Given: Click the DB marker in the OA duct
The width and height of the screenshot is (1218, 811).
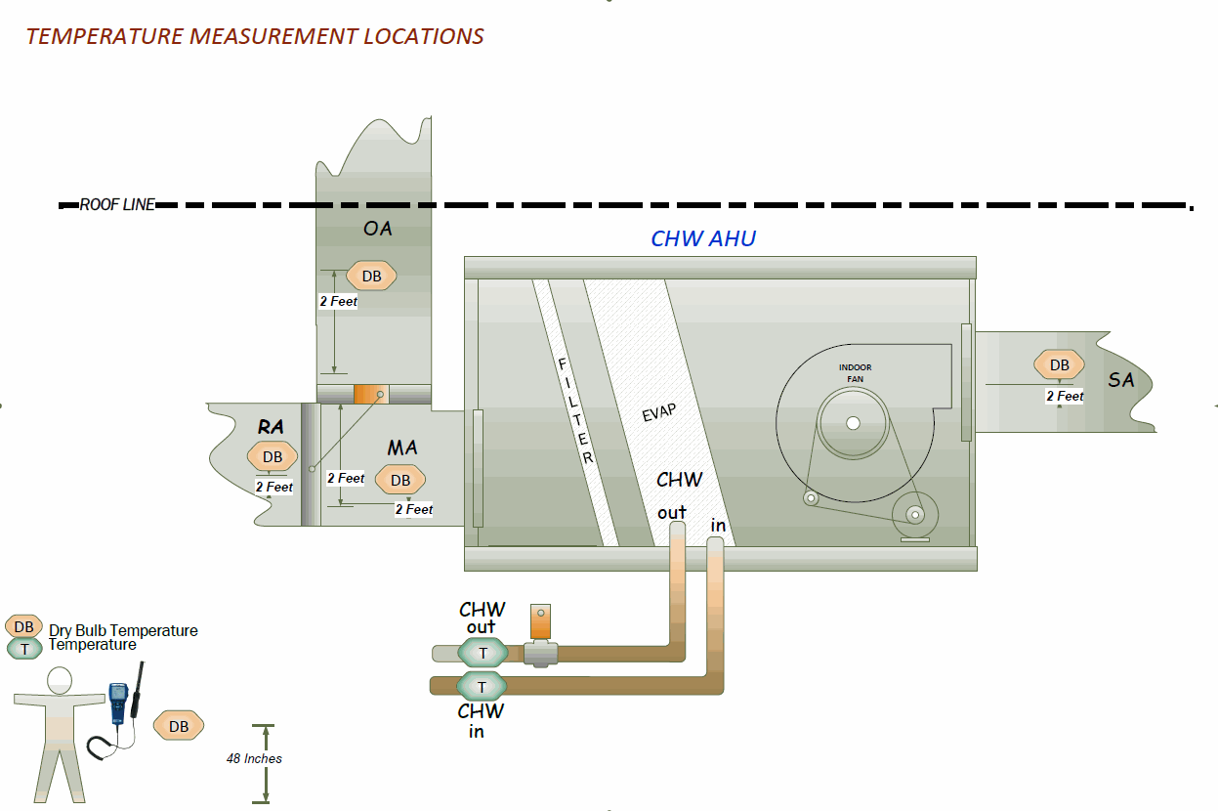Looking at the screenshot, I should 371,277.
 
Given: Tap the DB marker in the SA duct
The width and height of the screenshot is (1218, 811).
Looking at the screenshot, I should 1059,365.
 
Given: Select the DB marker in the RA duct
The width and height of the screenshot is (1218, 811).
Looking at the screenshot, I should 272,456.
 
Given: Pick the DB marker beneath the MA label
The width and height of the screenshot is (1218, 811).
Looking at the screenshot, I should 400,480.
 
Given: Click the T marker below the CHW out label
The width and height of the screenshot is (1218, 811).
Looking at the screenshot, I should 482,653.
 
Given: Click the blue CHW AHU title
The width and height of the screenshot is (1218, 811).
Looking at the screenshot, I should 703,238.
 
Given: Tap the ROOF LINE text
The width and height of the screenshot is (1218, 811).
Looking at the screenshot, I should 117,205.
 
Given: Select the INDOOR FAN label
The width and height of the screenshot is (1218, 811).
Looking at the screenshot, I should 855,372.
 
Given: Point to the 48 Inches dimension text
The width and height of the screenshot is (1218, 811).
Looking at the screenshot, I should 254,758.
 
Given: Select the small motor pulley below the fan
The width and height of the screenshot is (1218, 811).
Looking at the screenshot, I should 914,514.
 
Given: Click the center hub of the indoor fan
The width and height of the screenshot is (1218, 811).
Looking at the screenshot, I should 853,423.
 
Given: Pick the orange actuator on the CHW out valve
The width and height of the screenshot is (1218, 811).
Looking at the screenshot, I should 541,621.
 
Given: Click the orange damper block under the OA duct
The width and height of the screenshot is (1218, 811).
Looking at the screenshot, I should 371,394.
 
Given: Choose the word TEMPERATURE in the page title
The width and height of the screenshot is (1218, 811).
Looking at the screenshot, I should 105,36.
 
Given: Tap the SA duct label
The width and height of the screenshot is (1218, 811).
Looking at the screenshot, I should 1121,380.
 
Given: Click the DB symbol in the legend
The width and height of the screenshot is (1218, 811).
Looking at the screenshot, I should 23,626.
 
